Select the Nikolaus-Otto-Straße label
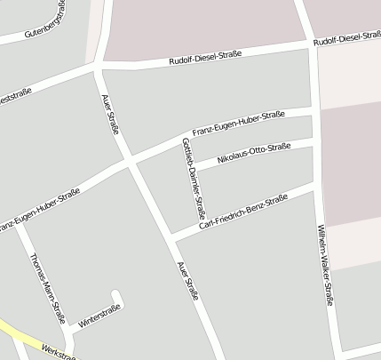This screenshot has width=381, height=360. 254,151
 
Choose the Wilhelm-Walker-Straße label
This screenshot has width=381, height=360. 325,266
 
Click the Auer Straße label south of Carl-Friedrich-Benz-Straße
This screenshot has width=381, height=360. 187,280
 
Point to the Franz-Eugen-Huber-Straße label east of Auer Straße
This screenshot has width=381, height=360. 238,122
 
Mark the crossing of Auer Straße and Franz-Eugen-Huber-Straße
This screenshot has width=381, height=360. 131,164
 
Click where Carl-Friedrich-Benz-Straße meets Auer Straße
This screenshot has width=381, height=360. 170,236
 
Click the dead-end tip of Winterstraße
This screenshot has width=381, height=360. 115,292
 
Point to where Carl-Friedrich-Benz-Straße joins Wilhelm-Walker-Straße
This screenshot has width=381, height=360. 316,187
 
